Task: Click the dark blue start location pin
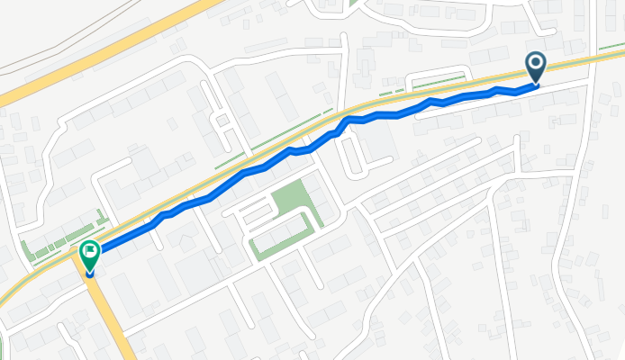tap(536, 66)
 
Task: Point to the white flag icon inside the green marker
tap(90, 251)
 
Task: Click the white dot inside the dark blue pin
tap(536, 62)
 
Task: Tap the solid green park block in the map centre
tap(290, 199)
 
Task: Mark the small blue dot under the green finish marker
tap(90, 272)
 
